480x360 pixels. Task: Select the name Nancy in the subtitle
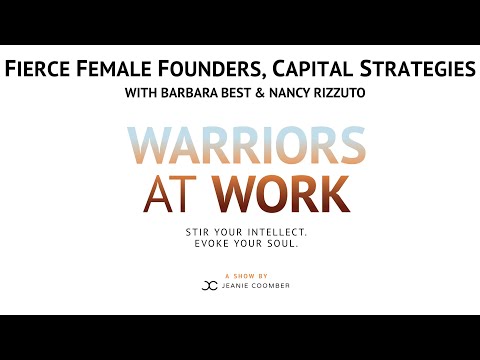point(289,95)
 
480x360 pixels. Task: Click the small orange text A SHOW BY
point(240,274)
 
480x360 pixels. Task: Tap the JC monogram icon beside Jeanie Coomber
point(209,285)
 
